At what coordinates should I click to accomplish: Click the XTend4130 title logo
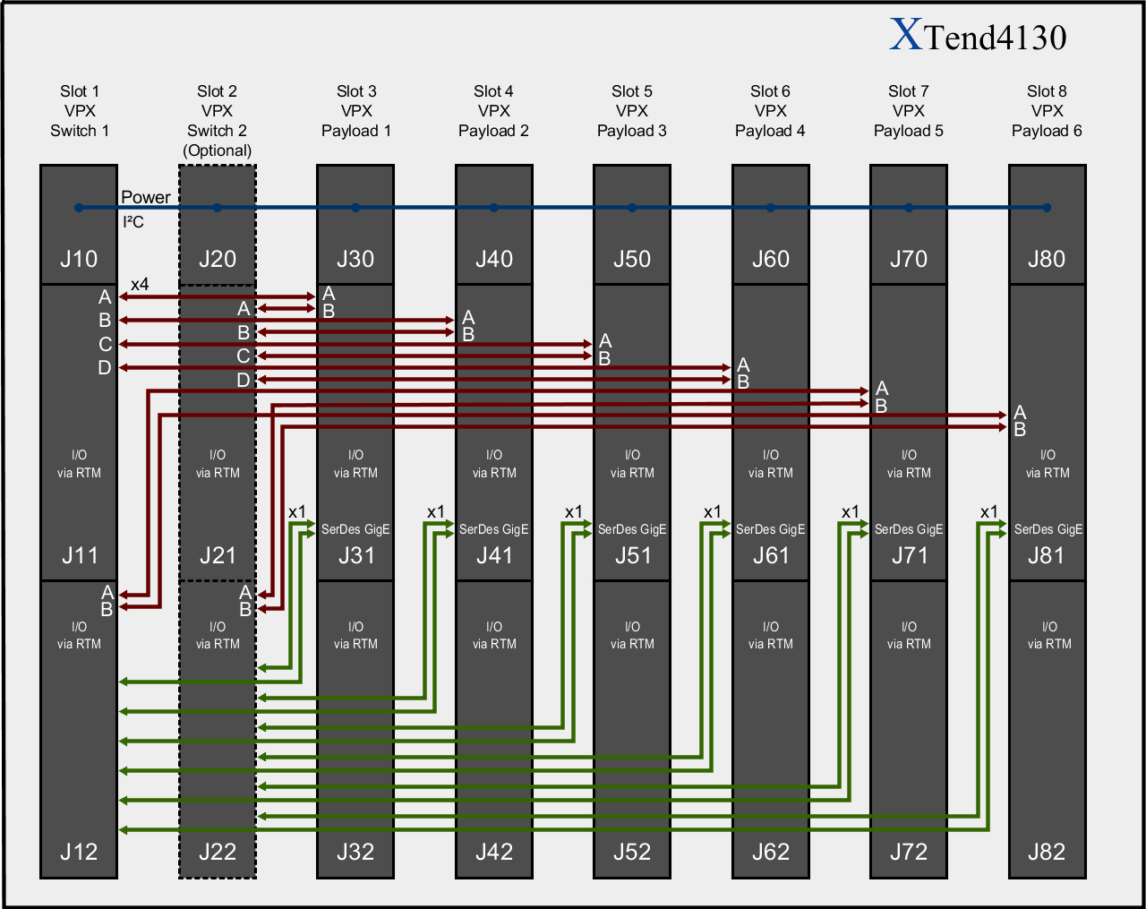coord(978,36)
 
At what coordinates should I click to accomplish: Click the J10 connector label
coord(79,259)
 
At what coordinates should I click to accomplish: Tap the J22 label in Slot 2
coord(218,851)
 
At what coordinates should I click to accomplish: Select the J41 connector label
coord(494,555)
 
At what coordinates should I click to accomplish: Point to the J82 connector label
coord(1047,851)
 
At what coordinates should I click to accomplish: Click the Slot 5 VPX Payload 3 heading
coord(632,111)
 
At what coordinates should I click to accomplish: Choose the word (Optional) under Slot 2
coord(218,150)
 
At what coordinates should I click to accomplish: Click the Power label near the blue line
coord(145,197)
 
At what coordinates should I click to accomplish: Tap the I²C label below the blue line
coord(133,222)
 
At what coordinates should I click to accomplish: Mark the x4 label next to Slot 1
coord(140,285)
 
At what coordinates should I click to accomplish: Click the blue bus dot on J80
coord(1047,208)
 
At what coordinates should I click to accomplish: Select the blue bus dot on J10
coord(79,208)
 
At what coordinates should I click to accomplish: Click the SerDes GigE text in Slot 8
coord(1048,529)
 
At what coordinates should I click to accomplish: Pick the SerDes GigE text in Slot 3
coord(355,529)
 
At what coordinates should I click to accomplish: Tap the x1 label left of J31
coord(297,512)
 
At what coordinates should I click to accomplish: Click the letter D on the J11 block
coord(105,367)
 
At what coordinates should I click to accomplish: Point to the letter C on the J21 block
coord(243,356)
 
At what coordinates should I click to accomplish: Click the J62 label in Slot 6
coord(770,851)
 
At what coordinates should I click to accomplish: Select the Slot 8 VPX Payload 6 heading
coord(1047,111)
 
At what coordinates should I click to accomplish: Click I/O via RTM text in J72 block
coord(909,635)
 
